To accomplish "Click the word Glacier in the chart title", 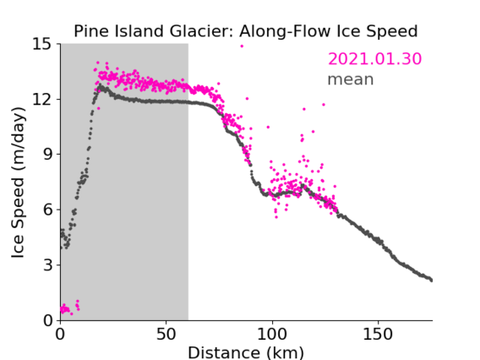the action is (x=202, y=31).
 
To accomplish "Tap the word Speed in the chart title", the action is (x=392, y=31).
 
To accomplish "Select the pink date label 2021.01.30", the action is (x=374, y=59).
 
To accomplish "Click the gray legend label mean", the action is (x=351, y=79).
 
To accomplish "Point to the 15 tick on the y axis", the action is (x=42, y=44).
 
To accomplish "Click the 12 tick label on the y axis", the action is (x=42, y=99).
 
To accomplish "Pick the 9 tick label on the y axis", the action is (x=47, y=155).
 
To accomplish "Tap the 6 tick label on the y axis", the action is (x=47, y=210).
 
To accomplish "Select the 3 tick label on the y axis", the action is (x=47, y=265).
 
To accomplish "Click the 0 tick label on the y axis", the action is (x=47, y=320).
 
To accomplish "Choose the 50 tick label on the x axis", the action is (x=166, y=335).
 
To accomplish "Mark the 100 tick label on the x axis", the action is (x=272, y=335).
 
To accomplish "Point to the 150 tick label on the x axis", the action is (x=378, y=335).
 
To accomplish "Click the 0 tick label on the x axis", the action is (x=60, y=335).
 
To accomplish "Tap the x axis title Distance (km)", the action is (x=246, y=352).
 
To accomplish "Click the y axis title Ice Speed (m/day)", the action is (x=18, y=183).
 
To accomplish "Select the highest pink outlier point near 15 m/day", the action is (x=242, y=46).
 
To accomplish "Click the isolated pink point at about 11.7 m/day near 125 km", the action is (x=324, y=105).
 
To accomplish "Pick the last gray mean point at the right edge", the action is (x=431, y=281).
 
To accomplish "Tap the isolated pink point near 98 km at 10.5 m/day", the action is (x=268, y=127).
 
